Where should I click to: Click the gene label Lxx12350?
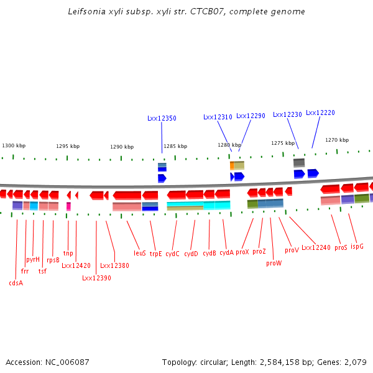[162, 117]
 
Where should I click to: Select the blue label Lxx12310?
[218, 116]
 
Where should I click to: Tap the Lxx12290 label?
[251, 116]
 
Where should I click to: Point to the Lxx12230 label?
[287, 114]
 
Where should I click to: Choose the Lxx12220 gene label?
[320, 113]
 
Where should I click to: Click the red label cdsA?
[16, 283]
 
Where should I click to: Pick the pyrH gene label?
[33, 259]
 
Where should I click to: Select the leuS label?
[140, 253]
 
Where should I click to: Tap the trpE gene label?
[155, 254]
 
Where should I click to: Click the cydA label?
[226, 252]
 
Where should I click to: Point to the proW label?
[274, 263]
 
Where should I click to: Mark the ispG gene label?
[357, 246]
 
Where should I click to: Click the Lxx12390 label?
[96, 278]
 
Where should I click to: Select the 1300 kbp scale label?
[14, 145]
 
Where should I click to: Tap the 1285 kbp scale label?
[175, 147]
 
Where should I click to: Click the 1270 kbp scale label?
[337, 140]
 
